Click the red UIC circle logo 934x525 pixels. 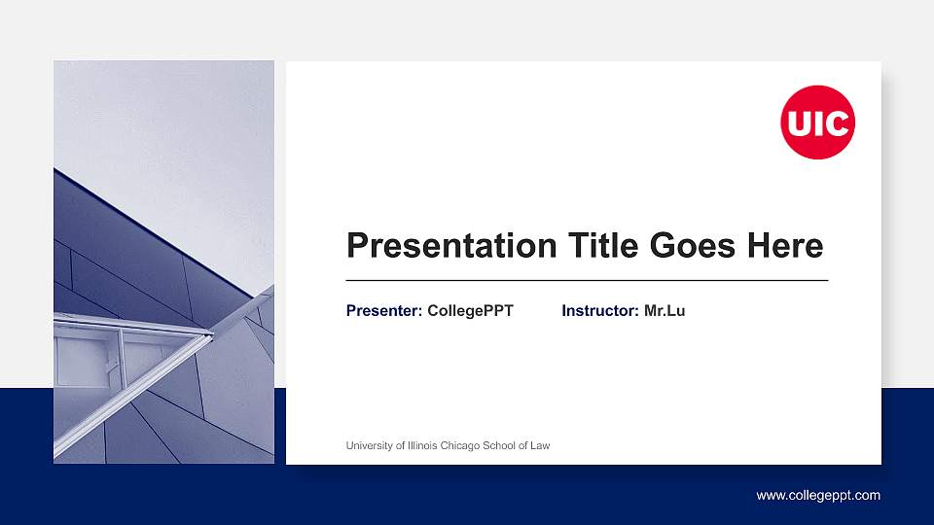(817, 122)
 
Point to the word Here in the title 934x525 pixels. (784, 246)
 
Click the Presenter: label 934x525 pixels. (384, 311)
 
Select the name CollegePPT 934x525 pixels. (470, 311)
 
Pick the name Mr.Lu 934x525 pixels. (665, 311)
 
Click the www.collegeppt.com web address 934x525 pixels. (818, 496)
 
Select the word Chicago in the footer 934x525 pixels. (467, 446)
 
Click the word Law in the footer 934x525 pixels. (540, 446)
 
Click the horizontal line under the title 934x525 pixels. (587, 280)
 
